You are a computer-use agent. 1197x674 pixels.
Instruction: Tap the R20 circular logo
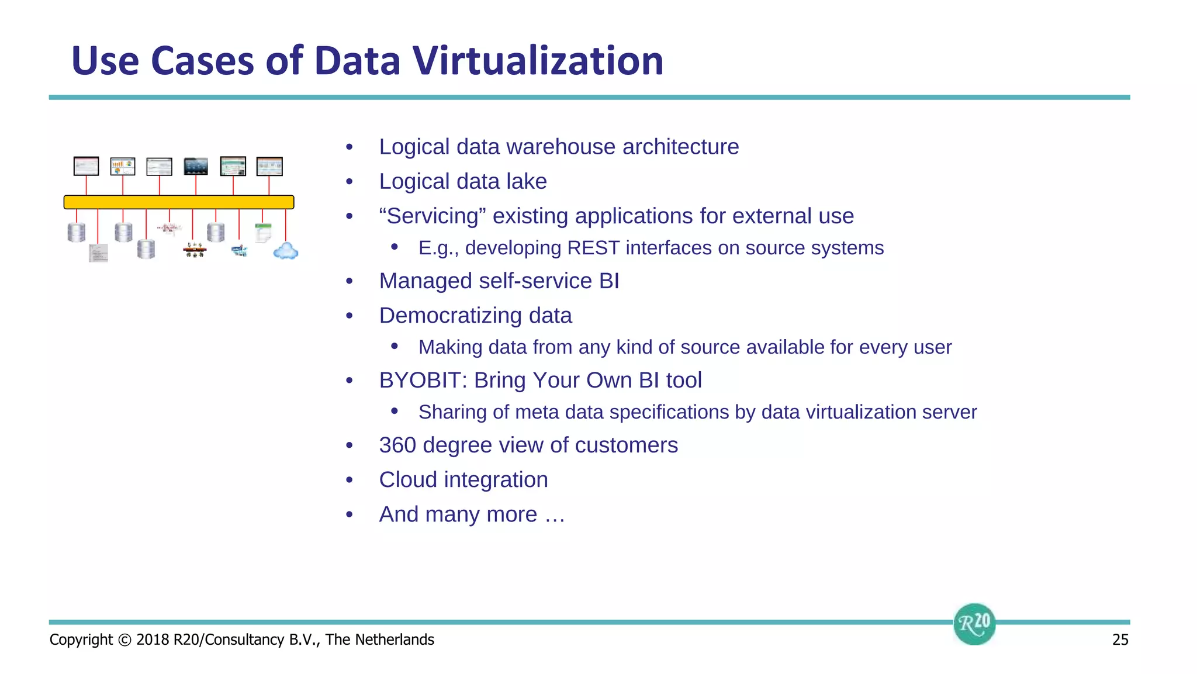[x=974, y=624]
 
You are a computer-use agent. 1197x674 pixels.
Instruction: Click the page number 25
[x=1120, y=640]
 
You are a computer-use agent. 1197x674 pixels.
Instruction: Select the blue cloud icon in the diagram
[x=286, y=251]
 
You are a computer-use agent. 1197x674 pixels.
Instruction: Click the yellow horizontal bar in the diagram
[x=179, y=202]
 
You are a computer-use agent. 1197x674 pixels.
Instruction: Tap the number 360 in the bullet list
[x=397, y=445]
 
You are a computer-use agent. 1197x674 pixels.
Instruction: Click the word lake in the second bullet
[x=527, y=182]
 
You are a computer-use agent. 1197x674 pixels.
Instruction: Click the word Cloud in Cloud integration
[x=408, y=480]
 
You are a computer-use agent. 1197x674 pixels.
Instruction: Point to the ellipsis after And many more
[x=554, y=515]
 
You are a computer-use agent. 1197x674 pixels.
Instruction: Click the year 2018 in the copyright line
[x=153, y=640]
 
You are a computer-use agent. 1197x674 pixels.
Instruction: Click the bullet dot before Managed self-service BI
[x=350, y=282]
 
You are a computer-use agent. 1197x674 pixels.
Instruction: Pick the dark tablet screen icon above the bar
[x=196, y=166]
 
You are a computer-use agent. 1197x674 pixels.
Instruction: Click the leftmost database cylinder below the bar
[x=77, y=232]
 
